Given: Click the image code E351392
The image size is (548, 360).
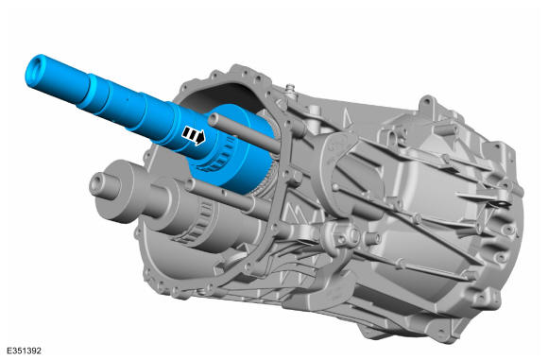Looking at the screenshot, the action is (24, 351).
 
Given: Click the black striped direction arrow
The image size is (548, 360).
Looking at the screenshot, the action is (194, 136).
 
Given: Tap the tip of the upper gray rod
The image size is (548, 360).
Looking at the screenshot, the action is (214, 120).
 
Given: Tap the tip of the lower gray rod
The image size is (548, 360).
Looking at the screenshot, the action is (190, 184).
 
